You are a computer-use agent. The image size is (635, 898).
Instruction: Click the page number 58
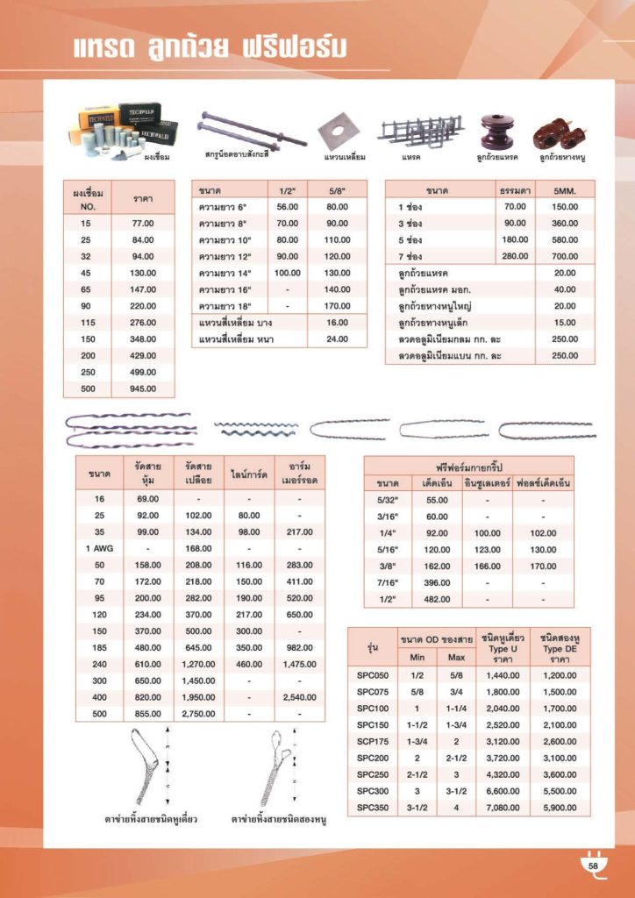point(592,866)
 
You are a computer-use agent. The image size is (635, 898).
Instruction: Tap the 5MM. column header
point(565,190)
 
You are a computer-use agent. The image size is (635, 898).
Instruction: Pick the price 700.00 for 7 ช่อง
point(565,256)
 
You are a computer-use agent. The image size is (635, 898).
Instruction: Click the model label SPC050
point(371,675)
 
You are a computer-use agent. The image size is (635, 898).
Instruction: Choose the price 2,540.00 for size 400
point(299,698)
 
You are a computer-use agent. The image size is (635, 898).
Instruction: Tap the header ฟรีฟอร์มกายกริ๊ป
point(468,466)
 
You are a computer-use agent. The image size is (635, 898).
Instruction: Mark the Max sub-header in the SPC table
point(456,657)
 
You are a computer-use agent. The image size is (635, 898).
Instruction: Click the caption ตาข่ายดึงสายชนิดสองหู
point(273,821)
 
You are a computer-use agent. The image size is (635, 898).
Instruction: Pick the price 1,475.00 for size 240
point(299,665)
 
